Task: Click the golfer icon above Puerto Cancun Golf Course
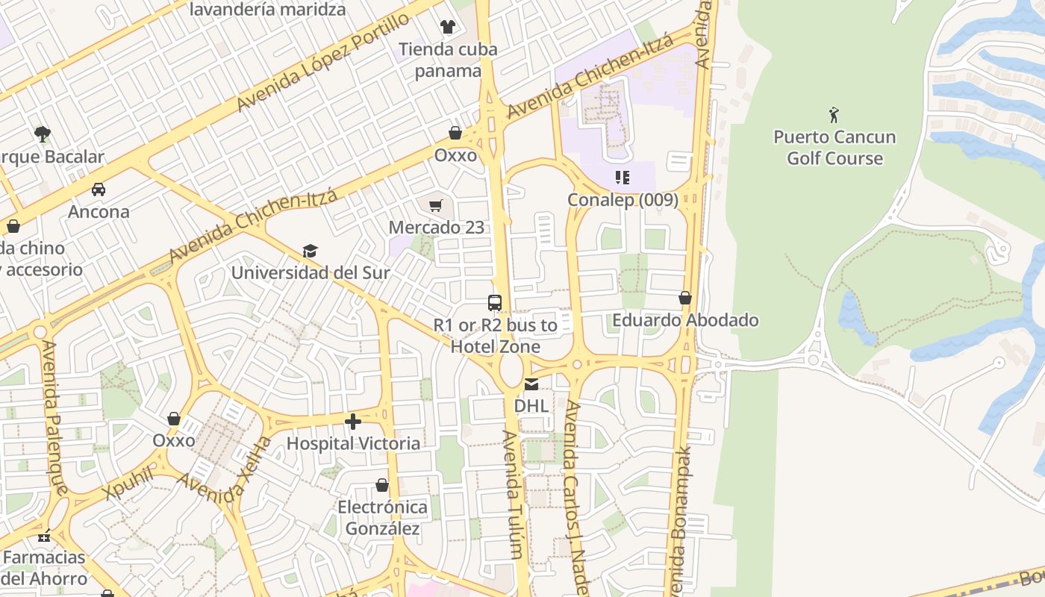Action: point(834,115)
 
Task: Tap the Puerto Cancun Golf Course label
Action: point(835,148)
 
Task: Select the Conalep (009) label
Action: point(623,200)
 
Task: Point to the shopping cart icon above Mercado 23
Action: point(436,205)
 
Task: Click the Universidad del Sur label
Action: point(311,272)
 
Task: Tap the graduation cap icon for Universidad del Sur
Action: point(310,251)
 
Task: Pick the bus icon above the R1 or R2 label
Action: point(494,303)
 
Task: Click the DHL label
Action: point(531,406)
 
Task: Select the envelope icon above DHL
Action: point(531,385)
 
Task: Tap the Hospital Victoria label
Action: point(353,443)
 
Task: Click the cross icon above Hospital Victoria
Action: point(353,422)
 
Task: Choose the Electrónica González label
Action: point(383,518)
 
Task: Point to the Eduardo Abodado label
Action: point(685,320)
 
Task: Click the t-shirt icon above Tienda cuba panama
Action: point(447,27)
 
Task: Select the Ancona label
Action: point(99,211)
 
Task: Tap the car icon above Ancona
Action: point(99,190)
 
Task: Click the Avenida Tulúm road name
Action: point(512,494)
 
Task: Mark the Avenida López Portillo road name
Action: point(322,62)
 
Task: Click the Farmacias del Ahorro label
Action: point(45,568)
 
